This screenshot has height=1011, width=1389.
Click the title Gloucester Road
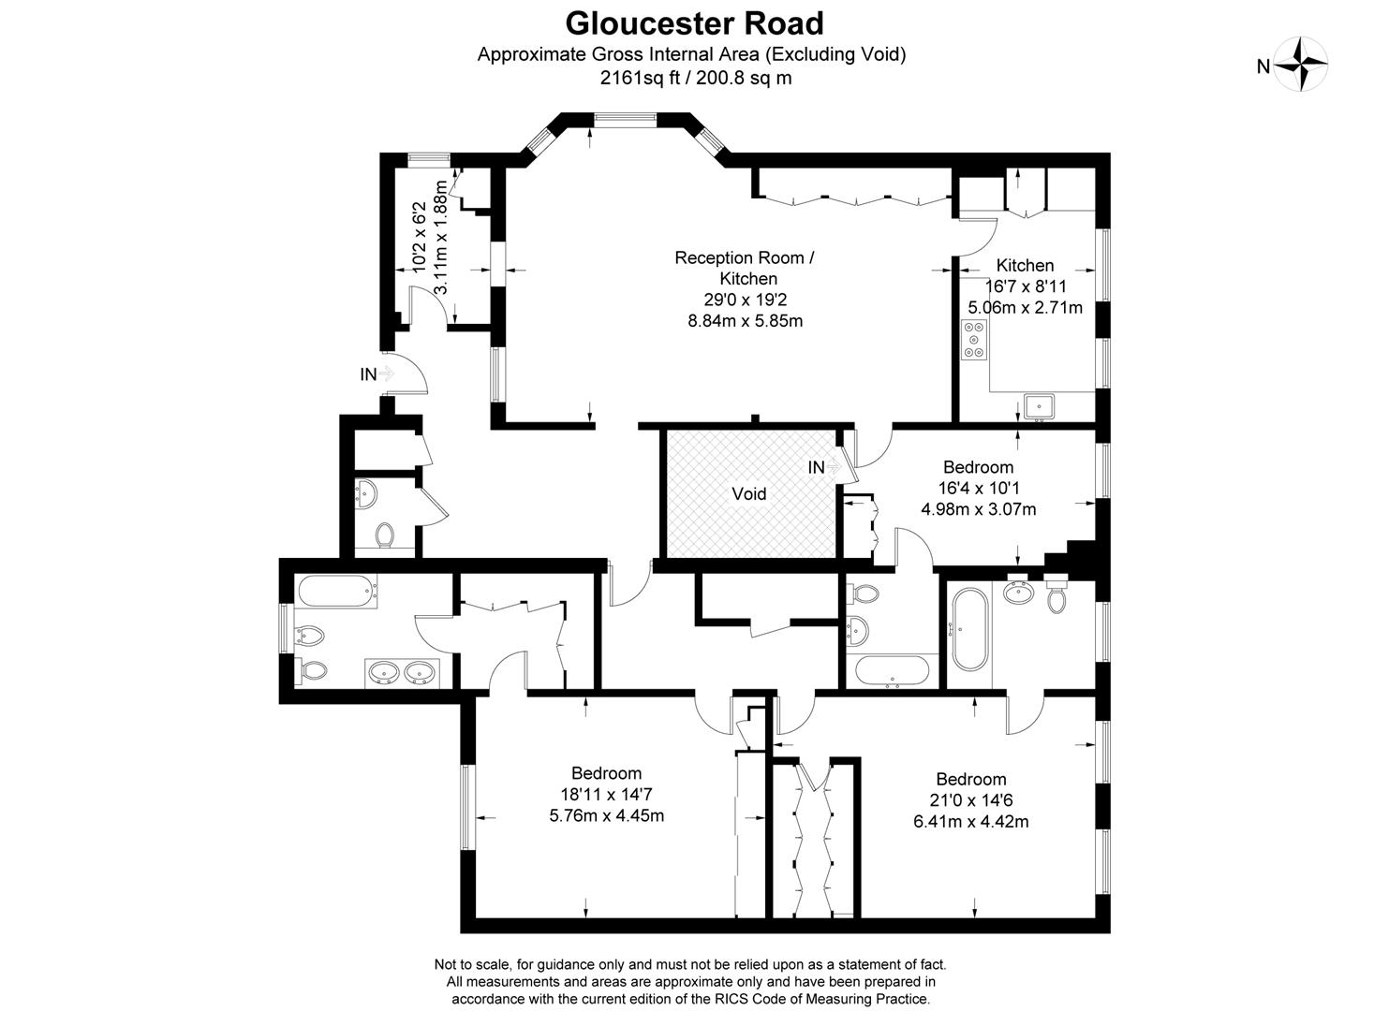[694, 23]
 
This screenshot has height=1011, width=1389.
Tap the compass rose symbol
[1302, 65]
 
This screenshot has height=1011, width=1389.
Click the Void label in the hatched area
[748, 493]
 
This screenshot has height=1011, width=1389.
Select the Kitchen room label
[1025, 265]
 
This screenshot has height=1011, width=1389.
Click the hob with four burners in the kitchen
[974, 340]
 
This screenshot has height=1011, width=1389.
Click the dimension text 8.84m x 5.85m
[745, 320]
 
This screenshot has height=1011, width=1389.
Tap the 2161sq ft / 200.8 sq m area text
[695, 78]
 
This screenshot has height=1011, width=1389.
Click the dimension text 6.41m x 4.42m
[970, 822]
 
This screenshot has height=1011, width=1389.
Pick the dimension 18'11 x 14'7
[606, 795]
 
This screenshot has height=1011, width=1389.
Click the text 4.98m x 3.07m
[978, 509]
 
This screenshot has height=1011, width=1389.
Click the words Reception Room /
[745, 256]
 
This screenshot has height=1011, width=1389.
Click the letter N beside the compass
[1263, 66]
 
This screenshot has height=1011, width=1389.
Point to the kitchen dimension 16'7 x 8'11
[1025, 286]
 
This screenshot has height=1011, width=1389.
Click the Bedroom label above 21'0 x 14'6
[970, 779]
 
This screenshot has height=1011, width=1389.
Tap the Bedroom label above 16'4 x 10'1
[978, 466]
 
